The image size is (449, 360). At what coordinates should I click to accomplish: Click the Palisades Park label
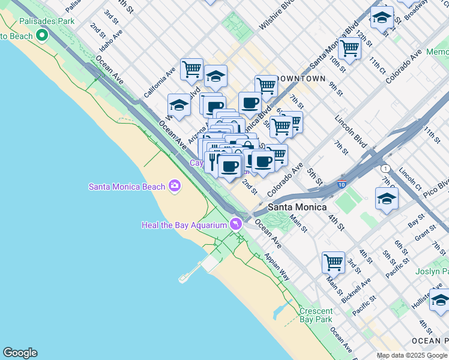tap(47, 21)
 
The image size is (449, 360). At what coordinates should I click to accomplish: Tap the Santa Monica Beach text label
tap(127, 186)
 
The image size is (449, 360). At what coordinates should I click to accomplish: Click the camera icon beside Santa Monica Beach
tap(175, 186)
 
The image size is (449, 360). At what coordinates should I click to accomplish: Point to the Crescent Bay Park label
tap(316, 315)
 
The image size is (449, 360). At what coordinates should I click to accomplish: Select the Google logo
tap(20, 353)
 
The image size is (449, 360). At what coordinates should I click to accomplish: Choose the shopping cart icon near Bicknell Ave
tap(333, 262)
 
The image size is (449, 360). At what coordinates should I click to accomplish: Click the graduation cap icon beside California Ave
tap(178, 105)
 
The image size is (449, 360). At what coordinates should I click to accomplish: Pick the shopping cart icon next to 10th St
tap(349, 47)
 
